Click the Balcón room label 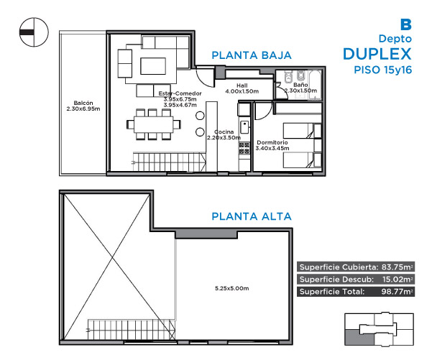click(83, 103)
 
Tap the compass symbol click(34, 32)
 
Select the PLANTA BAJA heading click(252, 55)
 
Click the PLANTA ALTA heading click(252, 216)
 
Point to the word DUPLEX click(377, 54)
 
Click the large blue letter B click(406, 24)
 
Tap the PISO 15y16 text click(383, 70)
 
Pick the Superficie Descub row click(356, 280)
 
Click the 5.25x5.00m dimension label click(231, 288)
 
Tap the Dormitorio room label click(272, 142)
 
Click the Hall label click(242, 86)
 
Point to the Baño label click(300, 85)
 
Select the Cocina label click(224, 132)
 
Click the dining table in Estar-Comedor click(153, 125)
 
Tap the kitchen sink click(244, 127)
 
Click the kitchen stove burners click(244, 148)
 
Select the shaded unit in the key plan click(359, 337)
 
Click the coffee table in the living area click(153, 66)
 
